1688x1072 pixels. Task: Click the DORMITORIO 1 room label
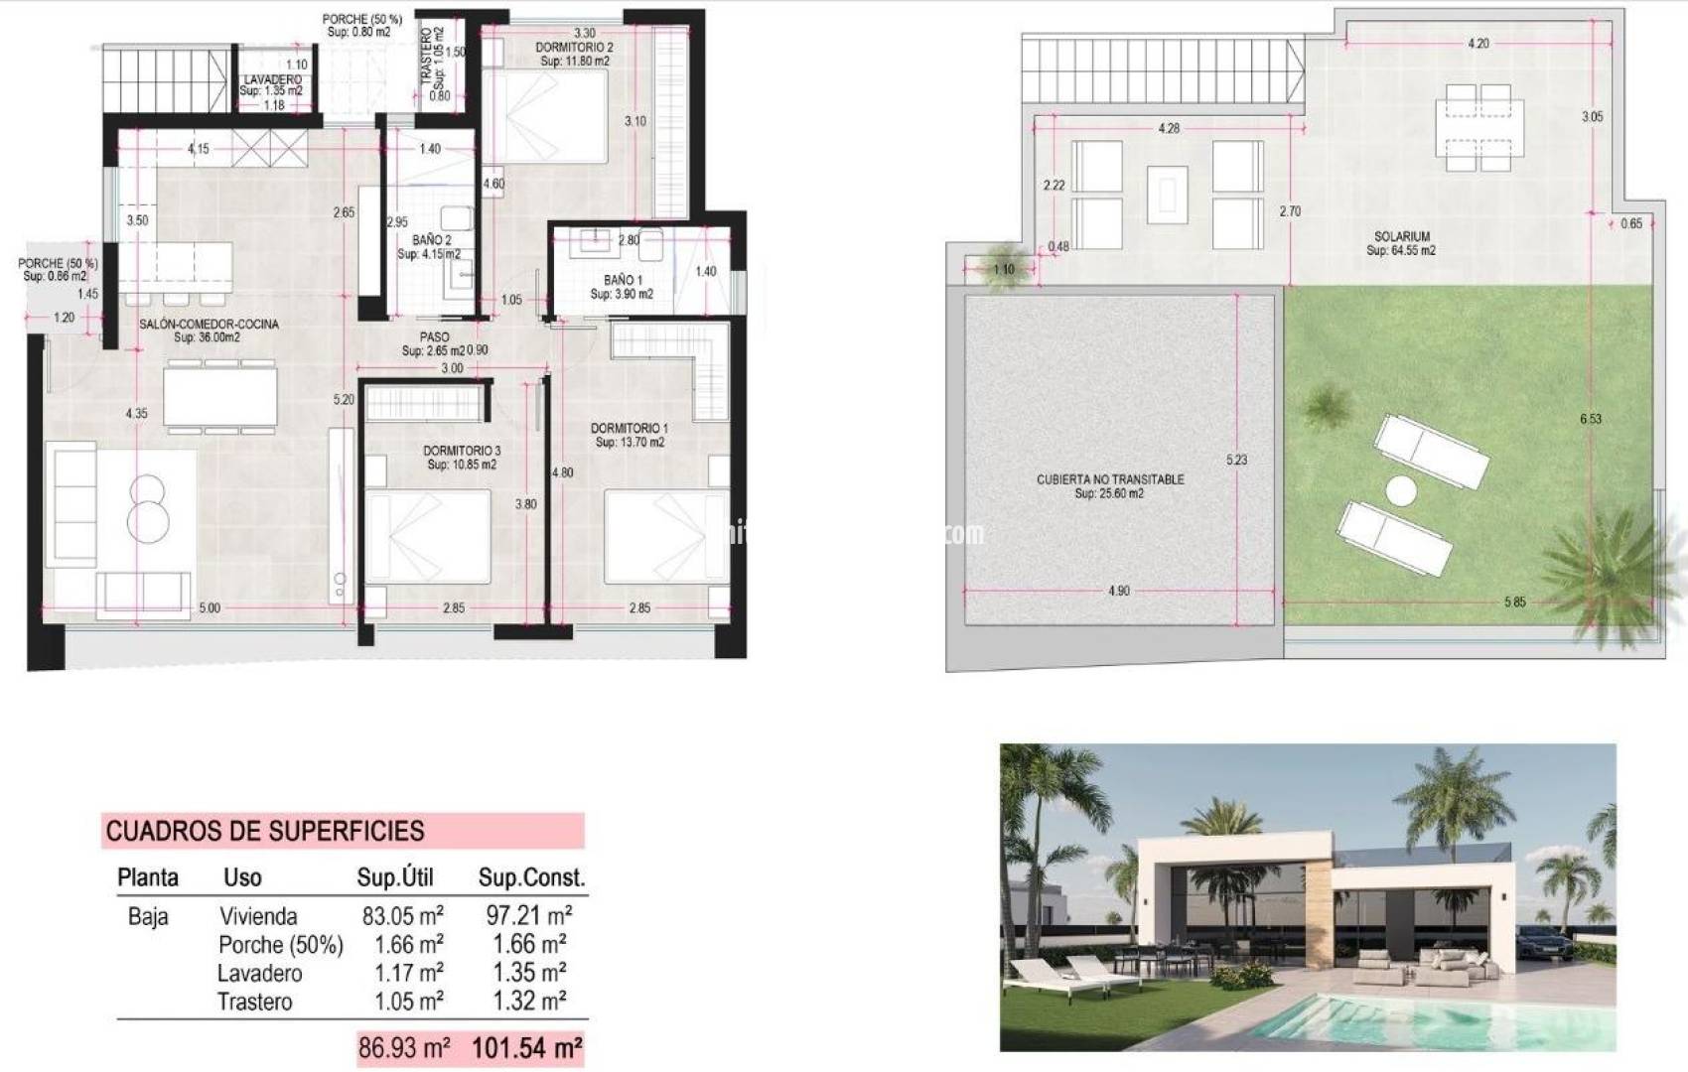coord(630,429)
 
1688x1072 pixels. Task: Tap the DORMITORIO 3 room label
coord(462,451)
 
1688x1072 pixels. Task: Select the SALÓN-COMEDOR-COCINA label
coord(209,324)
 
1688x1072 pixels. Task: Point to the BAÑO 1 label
coord(623,280)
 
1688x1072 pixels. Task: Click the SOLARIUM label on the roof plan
coord(1401,237)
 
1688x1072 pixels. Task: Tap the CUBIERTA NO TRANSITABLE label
coord(1110,479)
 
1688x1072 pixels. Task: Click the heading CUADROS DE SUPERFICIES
coord(265,831)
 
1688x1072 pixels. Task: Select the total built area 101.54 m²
coord(526,1048)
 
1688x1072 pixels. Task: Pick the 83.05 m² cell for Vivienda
coord(402,915)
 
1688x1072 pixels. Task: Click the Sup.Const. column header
coord(531,877)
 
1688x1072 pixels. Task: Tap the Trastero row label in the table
coord(255,1003)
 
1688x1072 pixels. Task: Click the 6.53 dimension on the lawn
coord(1591,419)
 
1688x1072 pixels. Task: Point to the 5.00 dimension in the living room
coord(210,607)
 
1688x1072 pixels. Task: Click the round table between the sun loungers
coord(1401,490)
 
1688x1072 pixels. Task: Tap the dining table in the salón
coord(219,396)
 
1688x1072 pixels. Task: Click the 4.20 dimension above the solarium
coord(1478,44)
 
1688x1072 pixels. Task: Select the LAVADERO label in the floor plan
coord(272,79)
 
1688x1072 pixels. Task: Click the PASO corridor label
coord(434,337)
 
